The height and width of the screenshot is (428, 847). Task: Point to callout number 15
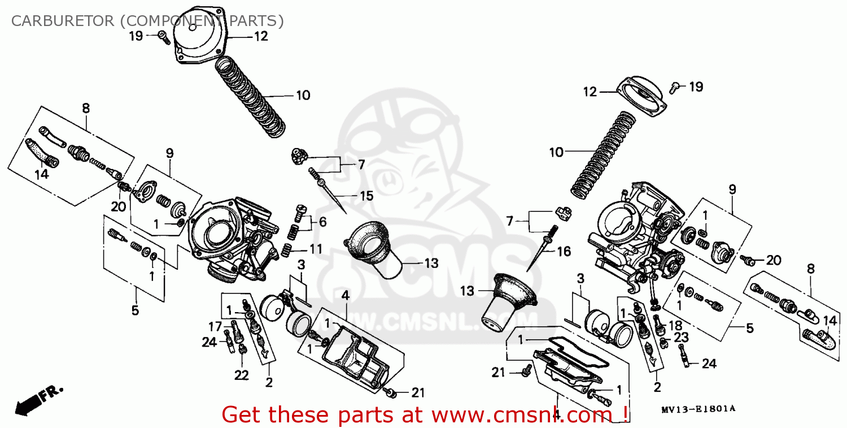(366, 196)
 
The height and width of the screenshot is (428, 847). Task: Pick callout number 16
(564, 252)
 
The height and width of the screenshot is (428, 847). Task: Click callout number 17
(215, 326)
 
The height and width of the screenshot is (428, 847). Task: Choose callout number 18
(675, 325)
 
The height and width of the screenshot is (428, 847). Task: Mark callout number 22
(241, 376)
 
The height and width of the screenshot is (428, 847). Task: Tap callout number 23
(681, 338)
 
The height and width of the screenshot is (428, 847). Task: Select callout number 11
(316, 249)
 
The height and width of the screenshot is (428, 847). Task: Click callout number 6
(322, 222)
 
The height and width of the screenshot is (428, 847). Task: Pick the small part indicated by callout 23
(664, 341)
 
